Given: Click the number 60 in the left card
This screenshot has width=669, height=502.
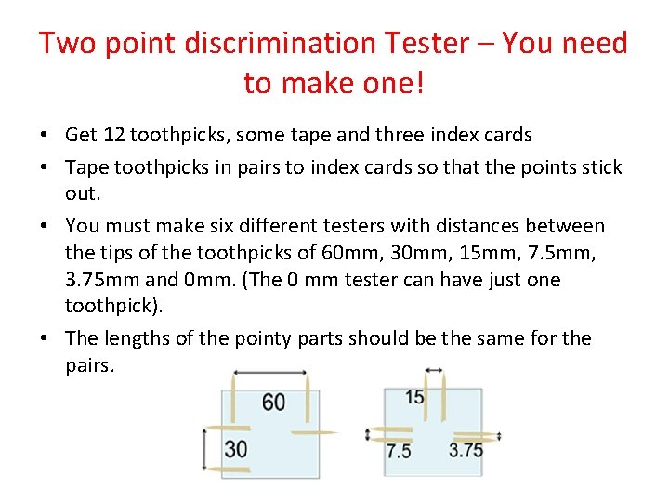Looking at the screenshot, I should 273,402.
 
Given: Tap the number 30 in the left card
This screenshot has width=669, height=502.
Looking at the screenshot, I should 235,449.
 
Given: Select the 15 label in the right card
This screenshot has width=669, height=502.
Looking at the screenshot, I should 415,398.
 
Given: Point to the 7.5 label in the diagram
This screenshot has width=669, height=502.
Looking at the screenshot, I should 399,451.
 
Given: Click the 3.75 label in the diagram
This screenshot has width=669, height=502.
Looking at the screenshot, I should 466,451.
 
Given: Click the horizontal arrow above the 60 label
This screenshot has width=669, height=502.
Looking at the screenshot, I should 269,373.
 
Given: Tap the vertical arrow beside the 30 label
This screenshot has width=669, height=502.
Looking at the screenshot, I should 207,449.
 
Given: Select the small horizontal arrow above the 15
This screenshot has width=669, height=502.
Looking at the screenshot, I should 434,371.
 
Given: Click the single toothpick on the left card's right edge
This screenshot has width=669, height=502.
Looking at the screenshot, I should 313,432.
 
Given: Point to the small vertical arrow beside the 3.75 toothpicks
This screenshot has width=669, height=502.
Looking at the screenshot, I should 500,434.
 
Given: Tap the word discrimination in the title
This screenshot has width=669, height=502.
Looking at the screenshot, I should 243,43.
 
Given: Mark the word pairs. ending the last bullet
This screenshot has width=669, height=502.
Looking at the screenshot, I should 90,365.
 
